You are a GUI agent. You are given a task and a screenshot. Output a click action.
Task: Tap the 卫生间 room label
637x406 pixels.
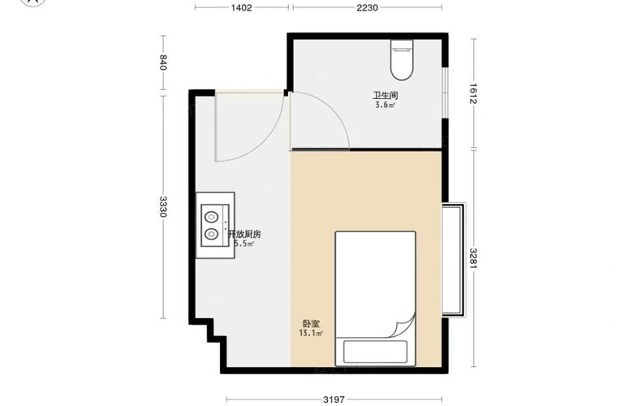(x=385, y=96)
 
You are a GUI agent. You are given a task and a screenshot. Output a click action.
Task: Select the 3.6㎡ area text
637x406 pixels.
(x=385, y=106)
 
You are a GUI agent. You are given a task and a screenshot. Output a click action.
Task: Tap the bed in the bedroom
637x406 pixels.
(x=376, y=284)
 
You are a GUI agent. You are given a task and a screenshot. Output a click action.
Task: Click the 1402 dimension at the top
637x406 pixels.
(x=242, y=7)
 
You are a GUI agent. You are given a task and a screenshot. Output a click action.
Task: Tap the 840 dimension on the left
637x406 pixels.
(x=163, y=63)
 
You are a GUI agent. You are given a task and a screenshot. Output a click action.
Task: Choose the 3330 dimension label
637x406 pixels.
(x=163, y=206)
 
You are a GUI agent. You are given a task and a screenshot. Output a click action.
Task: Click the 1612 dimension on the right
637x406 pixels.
(x=472, y=95)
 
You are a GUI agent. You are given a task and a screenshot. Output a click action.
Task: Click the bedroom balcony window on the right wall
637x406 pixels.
(x=454, y=260)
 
